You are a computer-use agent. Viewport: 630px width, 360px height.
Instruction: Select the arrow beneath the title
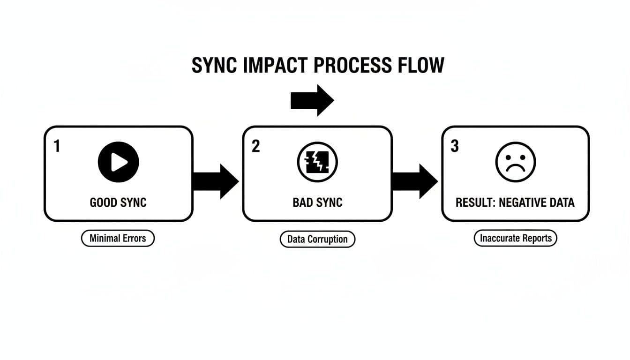312,100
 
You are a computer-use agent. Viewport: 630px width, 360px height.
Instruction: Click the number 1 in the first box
57,147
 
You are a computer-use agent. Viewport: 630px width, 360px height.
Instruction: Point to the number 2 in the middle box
255,147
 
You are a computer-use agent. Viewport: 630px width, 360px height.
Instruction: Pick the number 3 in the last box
454,147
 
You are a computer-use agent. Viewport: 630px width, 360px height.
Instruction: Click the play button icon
118,162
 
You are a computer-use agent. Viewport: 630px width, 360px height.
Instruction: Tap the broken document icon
317,162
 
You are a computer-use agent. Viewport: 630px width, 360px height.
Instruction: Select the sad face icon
516,162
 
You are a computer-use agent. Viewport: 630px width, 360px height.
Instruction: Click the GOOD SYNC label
118,202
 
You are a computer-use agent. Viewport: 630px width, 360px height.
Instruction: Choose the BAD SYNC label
317,202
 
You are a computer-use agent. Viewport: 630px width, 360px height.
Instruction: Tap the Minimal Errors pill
118,238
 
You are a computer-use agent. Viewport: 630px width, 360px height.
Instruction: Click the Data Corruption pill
317,239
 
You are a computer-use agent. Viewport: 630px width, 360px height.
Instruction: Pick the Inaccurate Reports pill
516,238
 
